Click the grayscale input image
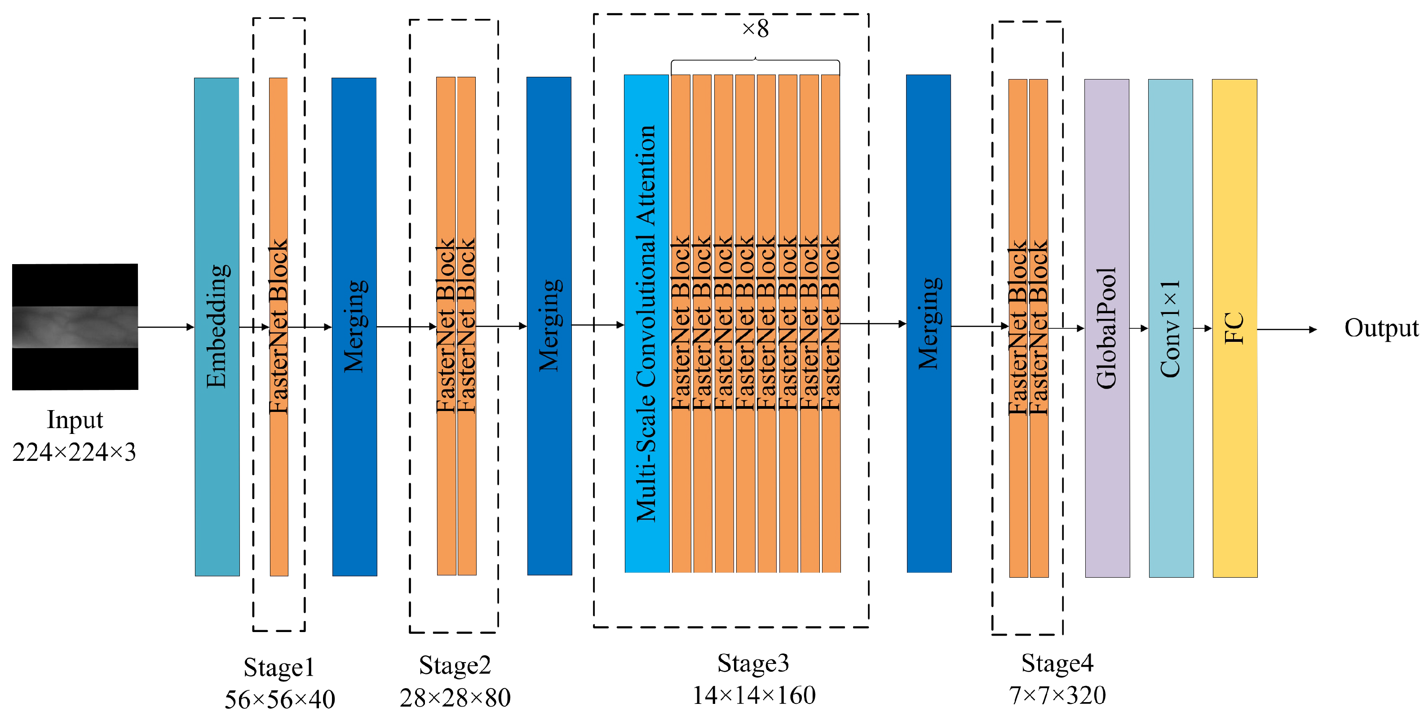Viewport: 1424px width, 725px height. pyautogui.click(x=75, y=327)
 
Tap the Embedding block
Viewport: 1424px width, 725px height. pyautogui.click(x=217, y=327)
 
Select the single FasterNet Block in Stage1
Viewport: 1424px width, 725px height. pyautogui.click(x=279, y=327)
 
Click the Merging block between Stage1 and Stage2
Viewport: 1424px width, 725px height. pyautogui.click(x=354, y=327)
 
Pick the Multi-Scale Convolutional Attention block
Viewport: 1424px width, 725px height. pyautogui.click(x=646, y=324)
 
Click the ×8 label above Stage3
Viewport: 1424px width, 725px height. pyautogui.click(x=755, y=29)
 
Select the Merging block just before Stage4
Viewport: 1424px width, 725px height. pyautogui.click(x=929, y=324)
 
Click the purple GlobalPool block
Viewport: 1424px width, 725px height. pyautogui.click(x=1107, y=328)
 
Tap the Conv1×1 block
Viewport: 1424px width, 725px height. pyautogui.click(x=1171, y=328)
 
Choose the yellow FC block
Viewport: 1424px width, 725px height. pyautogui.click(x=1234, y=328)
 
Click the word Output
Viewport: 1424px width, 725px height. pyautogui.click(x=1380, y=328)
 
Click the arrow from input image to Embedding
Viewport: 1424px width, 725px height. pyautogui.click(x=166, y=327)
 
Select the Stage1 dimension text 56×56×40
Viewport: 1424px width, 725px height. pyautogui.click(x=280, y=699)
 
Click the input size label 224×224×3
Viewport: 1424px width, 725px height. pyautogui.click(x=74, y=452)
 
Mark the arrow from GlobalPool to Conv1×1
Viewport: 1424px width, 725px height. pyautogui.click(x=1139, y=329)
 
